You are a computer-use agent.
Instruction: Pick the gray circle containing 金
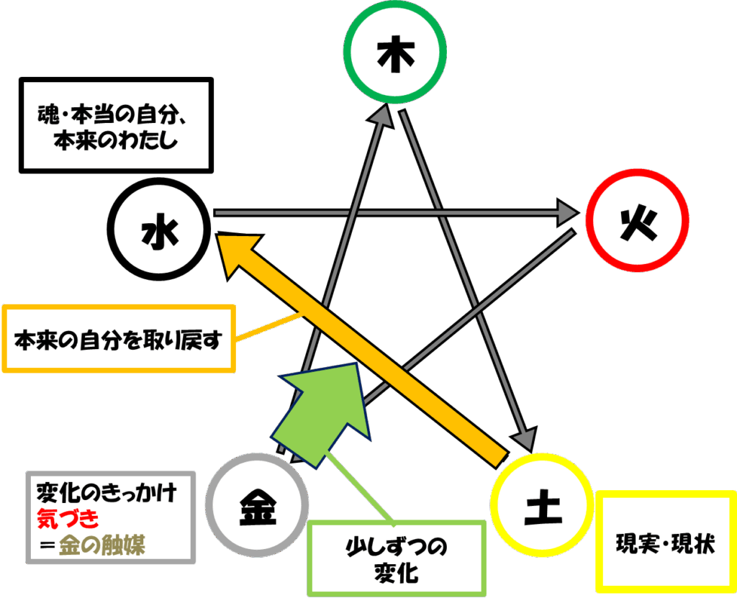pos(209,505)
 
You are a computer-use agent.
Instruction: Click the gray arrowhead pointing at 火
pos(567,213)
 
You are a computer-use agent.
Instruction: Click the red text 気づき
pos(68,519)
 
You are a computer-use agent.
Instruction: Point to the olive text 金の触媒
pos(102,545)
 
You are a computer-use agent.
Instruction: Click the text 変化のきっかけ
pos(107,493)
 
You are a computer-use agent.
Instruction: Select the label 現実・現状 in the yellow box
pos(665,544)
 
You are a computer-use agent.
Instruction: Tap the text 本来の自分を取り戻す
pos(118,340)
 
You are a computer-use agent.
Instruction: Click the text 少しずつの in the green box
pos(397,547)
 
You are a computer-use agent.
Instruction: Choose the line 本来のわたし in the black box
pos(116,140)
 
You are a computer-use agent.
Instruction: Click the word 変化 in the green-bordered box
pos(397,573)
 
